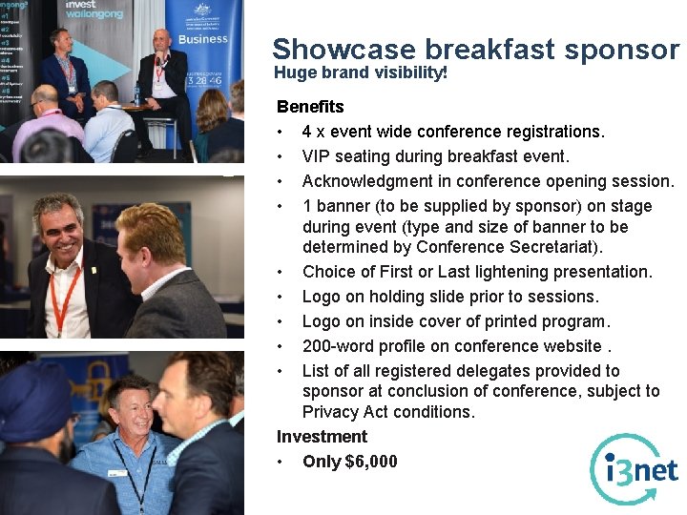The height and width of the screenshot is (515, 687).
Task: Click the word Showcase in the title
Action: click(x=344, y=49)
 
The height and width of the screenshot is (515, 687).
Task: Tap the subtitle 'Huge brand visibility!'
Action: click(x=361, y=72)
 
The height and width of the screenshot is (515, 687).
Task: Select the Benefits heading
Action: click(x=310, y=107)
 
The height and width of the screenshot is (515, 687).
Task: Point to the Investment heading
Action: click(x=322, y=437)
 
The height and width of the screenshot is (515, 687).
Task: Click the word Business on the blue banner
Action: click(x=203, y=39)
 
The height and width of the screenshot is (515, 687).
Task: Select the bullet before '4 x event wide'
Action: click(x=281, y=132)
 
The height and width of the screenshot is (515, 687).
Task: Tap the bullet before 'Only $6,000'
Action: click(x=281, y=462)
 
